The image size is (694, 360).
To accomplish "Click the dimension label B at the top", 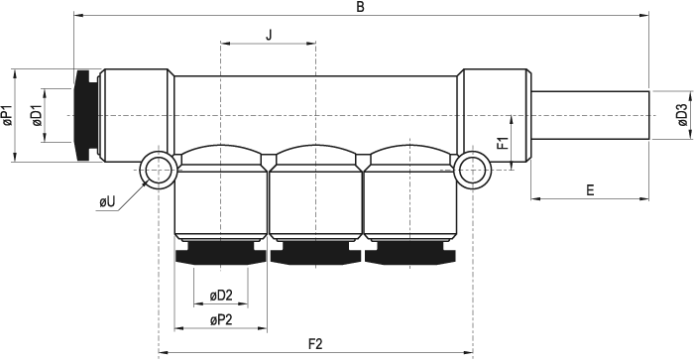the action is click(360, 7).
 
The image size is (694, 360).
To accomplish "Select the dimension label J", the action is click(269, 35).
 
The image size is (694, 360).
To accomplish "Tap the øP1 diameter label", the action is click(8, 116).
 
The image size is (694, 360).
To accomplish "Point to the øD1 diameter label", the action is click(37, 116).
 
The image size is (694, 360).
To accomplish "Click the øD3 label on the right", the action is click(682, 115).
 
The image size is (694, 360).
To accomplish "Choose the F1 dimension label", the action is click(503, 144).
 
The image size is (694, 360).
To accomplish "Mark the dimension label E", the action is click(590, 190).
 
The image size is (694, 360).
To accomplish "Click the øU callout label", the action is click(107, 202).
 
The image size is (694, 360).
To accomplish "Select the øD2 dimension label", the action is click(221, 296).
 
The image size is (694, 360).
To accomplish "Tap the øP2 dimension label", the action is click(221, 319).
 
